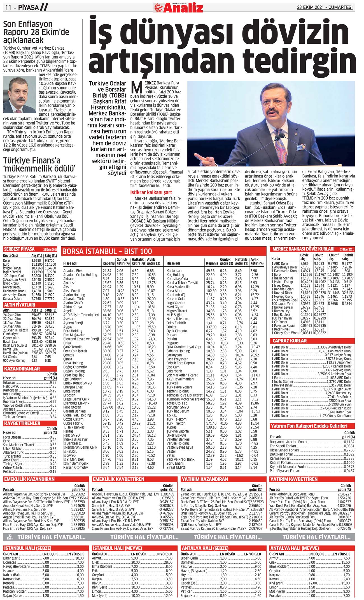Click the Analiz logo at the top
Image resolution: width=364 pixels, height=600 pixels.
[178, 8]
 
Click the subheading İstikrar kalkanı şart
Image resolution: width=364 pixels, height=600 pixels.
[151, 192]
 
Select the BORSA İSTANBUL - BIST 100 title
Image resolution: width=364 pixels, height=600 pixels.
[107, 251]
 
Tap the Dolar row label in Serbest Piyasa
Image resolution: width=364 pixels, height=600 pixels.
[7, 260]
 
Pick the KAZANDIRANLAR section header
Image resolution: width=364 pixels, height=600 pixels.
[22, 369]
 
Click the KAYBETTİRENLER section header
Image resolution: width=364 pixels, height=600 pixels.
[22, 423]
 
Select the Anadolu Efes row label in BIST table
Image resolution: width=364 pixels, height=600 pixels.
[73, 271]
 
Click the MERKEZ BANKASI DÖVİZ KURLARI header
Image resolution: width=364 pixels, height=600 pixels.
[303, 249]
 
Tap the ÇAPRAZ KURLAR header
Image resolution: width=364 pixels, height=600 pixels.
[290, 341]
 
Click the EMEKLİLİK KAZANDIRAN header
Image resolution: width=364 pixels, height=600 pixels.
[29, 479]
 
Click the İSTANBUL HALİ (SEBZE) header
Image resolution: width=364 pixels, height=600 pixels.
[27, 548]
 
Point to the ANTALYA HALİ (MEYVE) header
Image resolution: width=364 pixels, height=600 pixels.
[294, 548]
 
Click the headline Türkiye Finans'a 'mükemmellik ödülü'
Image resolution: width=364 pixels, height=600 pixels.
[39, 165]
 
